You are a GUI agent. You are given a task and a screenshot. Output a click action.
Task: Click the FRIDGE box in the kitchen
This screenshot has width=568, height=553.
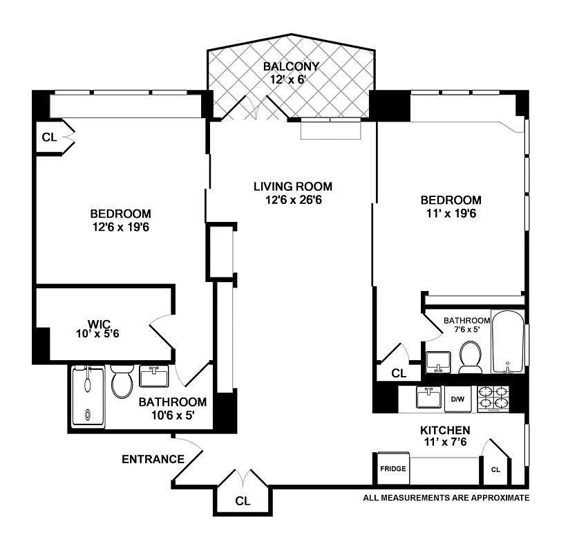tap(393, 468)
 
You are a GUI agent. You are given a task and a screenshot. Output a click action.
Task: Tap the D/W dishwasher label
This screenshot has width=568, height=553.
tap(457, 400)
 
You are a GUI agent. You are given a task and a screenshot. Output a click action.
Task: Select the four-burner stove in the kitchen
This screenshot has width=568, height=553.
tap(493, 399)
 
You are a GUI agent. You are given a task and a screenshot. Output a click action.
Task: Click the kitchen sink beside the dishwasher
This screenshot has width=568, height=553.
tap(428, 397)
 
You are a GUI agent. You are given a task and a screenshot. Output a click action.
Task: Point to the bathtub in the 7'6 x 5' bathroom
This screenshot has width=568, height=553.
tap(508, 341)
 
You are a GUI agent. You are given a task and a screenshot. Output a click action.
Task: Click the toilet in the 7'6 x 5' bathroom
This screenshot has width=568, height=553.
tap(470, 357)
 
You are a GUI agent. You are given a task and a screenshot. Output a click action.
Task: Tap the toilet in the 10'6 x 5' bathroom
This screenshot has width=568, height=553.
tap(122, 382)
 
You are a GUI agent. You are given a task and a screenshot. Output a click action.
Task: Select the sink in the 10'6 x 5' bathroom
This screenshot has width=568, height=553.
tap(154, 376)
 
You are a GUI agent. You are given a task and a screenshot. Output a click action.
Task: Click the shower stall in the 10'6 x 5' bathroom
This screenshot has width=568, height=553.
tap(88, 396)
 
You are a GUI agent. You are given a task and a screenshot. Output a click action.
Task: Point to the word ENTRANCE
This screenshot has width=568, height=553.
tap(153, 459)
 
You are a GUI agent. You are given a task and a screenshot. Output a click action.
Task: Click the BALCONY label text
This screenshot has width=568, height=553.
tap(291, 66)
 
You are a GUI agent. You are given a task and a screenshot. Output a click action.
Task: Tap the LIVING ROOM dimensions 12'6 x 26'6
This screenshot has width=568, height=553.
tap(294, 200)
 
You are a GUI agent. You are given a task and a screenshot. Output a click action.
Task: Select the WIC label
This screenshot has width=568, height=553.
tap(99, 324)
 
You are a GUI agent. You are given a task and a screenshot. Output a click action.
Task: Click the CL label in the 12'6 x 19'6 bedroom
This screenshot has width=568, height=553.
tap(49, 138)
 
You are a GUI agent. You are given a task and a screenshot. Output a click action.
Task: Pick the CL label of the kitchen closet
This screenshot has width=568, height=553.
tap(495, 469)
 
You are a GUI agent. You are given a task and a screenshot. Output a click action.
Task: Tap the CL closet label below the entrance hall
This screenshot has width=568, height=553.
tap(243, 501)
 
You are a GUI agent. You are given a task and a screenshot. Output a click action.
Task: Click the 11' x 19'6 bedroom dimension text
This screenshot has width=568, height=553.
tap(451, 213)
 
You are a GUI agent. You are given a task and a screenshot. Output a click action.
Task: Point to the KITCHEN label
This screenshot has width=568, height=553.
tap(445, 430)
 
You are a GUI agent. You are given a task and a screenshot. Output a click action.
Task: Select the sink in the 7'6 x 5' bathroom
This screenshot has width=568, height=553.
tap(438, 362)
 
